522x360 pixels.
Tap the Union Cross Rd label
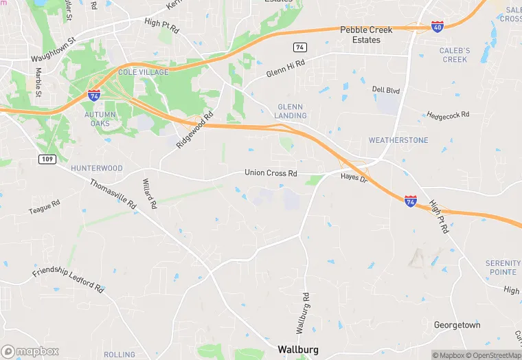pyautogui.click(x=271, y=173)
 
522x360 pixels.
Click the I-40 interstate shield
pyautogui.click(x=438, y=26)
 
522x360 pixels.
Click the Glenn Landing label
pyautogui.click(x=292, y=111)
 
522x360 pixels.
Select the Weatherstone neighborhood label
pyautogui.click(x=398, y=140)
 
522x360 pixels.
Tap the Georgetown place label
pyautogui.click(x=457, y=325)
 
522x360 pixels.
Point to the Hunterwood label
pyautogui.click(x=96, y=168)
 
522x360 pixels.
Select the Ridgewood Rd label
pyautogui.click(x=195, y=130)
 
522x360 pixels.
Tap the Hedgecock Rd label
pyautogui.click(x=448, y=115)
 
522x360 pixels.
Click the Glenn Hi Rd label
pyautogui.click(x=285, y=69)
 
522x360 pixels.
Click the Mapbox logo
pyautogui.click(x=30, y=352)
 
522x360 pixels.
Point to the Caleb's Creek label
pyautogui.click(x=455, y=55)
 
